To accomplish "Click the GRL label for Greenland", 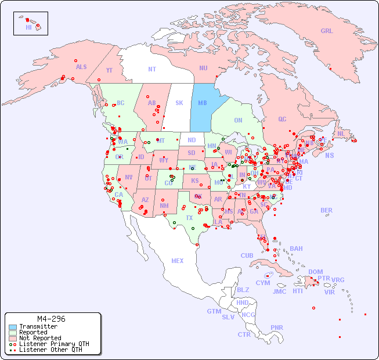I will (327, 31).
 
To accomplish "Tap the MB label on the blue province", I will (203, 103).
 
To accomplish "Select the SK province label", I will (179, 103).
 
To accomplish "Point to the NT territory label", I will (152, 69).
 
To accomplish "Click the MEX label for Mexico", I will (178, 261).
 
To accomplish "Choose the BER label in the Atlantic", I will (327, 210).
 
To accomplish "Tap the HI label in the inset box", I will (28, 27).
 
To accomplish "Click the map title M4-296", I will (51, 319).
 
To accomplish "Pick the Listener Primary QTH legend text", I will (54, 344).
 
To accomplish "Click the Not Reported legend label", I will (40, 338).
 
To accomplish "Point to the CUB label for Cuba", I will (247, 255).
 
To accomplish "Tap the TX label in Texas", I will (189, 218).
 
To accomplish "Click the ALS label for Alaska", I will (81, 67).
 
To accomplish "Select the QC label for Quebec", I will (282, 119).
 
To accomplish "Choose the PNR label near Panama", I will (277, 327).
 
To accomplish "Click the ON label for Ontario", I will (238, 120).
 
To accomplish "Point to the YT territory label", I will (109, 70).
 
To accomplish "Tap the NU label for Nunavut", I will (203, 68).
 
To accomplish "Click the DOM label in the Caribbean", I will (315, 272).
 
